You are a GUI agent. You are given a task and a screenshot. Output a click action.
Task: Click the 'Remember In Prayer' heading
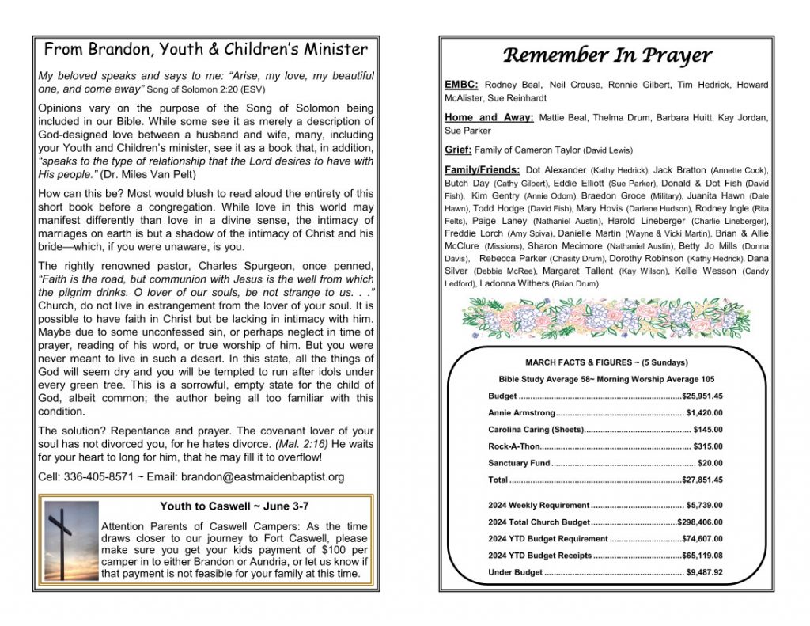[x=607, y=55]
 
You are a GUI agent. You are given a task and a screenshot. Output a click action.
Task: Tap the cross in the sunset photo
[x=60, y=537]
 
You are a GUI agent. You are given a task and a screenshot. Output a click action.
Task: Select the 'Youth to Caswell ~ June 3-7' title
[x=225, y=506]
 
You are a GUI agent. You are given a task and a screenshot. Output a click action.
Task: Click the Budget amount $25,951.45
[x=702, y=396]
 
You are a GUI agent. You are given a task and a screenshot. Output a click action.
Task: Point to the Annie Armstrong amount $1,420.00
[x=705, y=412]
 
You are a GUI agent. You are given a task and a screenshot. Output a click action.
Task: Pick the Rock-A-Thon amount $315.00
[x=708, y=446]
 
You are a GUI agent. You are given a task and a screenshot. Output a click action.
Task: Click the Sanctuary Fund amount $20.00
[x=710, y=463]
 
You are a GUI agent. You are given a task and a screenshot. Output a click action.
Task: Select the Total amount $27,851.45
[x=702, y=480]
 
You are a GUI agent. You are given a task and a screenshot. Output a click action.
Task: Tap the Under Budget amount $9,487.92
[x=705, y=572]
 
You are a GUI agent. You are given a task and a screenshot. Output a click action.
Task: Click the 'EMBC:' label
[x=462, y=85]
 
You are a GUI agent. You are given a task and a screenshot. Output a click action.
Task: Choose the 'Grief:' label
[x=458, y=150]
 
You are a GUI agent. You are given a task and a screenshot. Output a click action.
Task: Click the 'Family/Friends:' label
[x=483, y=170]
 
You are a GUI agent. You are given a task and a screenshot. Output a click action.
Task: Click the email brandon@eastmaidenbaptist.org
[x=262, y=477]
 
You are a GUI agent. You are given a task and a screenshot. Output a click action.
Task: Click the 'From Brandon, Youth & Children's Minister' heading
[x=206, y=50]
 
